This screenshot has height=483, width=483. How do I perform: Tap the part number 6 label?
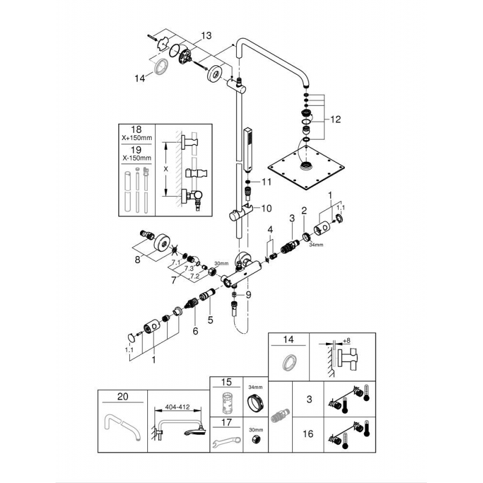pyautogui.click(x=195, y=330)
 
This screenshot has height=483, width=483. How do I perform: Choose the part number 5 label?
pyautogui.click(x=210, y=320)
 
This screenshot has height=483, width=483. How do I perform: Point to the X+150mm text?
pyautogui.click(x=136, y=138)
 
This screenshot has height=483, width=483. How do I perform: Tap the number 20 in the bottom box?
pyautogui.click(x=123, y=397)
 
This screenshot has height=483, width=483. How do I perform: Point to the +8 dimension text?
pyautogui.click(x=346, y=341)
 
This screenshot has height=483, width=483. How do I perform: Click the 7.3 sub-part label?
pyautogui.click(x=189, y=267)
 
